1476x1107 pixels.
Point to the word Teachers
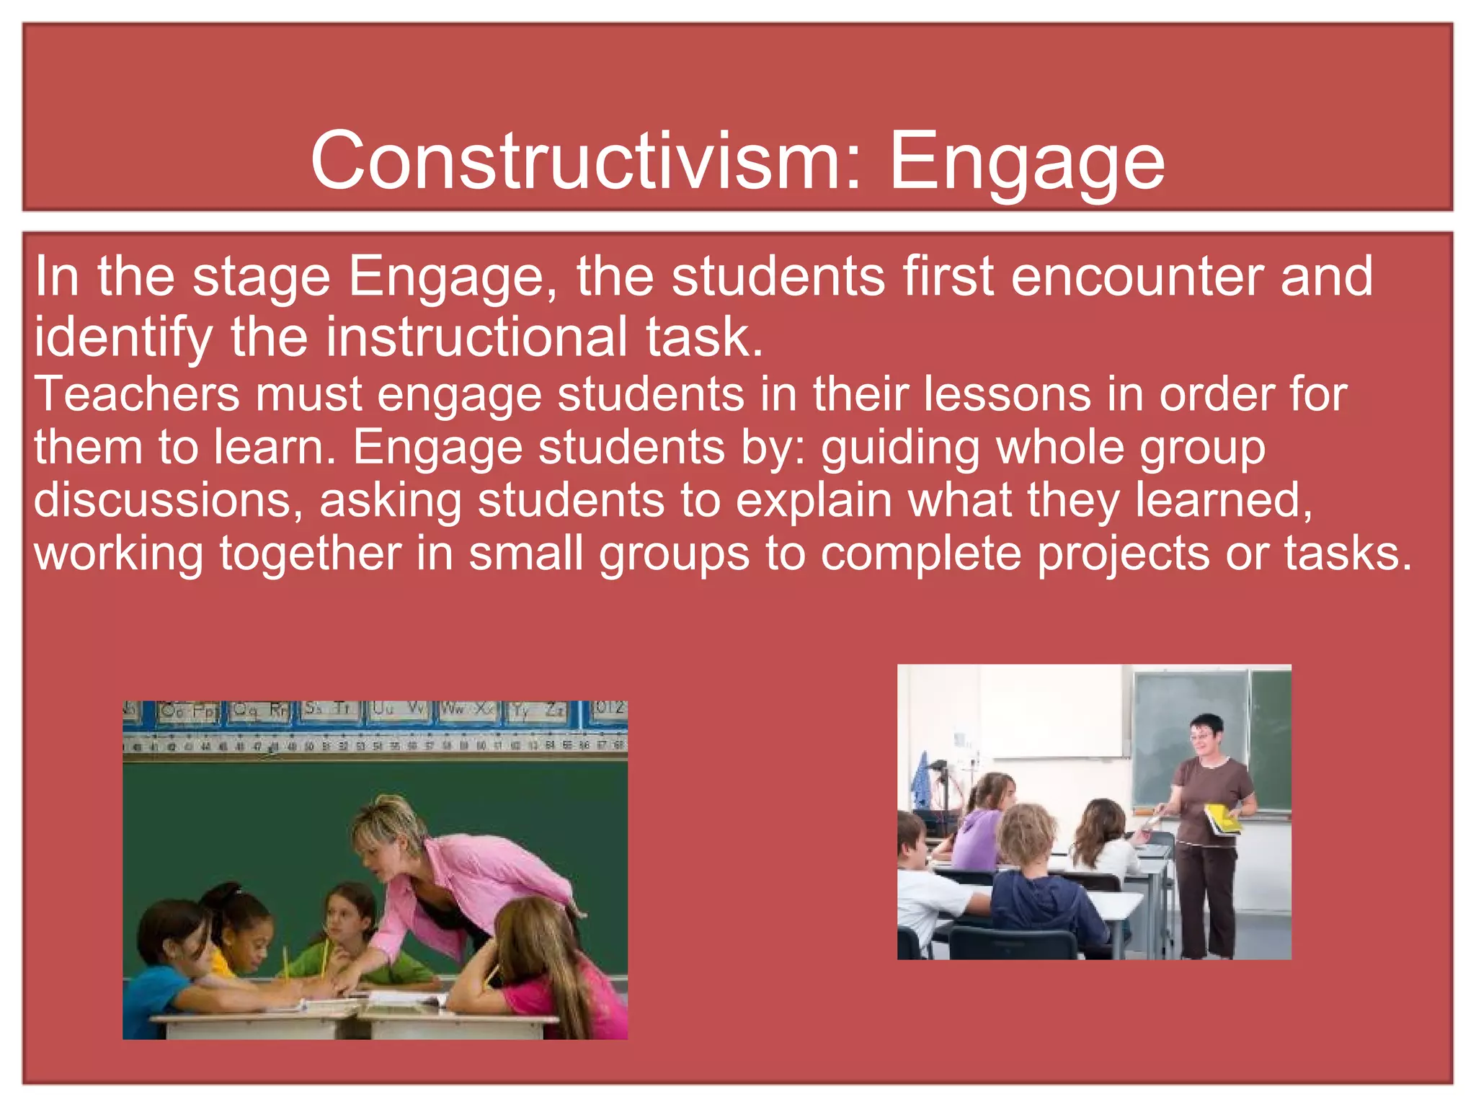(137, 394)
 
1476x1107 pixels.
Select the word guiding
(900, 448)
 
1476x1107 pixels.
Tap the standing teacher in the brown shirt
(1211, 829)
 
